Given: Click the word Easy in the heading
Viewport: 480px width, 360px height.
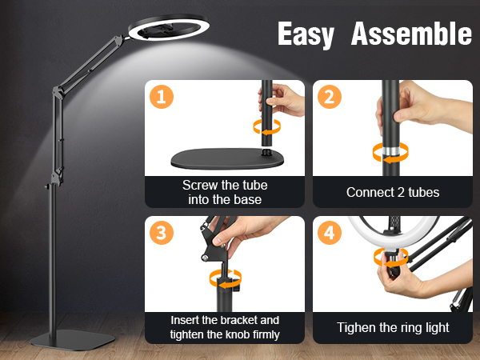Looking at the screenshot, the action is click(x=306, y=34).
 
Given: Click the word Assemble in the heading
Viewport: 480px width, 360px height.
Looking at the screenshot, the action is click(x=411, y=34).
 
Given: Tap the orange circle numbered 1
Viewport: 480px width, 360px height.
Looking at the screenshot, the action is click(x=162, y=97).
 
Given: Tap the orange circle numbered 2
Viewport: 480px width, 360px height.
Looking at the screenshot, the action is click(x=330, y=97).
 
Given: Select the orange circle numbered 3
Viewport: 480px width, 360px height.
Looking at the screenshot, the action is click(x=162, y=232).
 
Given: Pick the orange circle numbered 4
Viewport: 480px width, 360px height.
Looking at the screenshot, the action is click(x=330, y=232).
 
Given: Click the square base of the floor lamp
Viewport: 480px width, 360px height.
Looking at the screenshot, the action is click(x=72, y=340).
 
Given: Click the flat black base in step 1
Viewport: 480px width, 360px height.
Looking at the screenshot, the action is click(x=227, y=158).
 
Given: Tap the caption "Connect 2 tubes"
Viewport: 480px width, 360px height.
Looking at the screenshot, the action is click(x=393, y=192).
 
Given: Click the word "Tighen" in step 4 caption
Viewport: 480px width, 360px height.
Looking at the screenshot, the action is click(x=356, y=327).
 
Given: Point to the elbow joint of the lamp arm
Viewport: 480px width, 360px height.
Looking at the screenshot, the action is click(x=58, y=93).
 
